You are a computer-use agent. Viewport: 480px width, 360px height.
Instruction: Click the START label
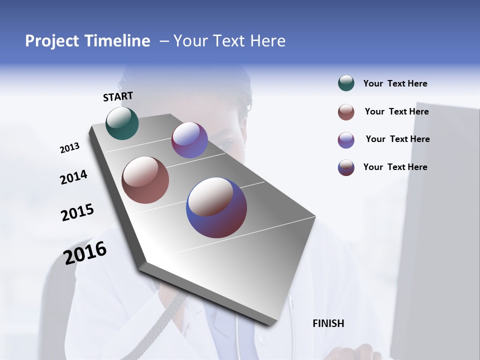[118, 96]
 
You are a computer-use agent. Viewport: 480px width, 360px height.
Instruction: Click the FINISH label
[328, 323]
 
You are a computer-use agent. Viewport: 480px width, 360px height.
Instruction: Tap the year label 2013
[69, 148]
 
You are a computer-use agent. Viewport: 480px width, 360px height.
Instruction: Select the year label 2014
[73, 177]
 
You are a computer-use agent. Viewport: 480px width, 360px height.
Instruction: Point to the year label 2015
[77, 212]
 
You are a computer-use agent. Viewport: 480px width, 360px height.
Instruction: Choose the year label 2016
[85, 252]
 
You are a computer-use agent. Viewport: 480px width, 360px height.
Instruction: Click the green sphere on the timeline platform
[122, 123]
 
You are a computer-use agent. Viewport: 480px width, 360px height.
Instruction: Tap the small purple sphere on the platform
[189, 140]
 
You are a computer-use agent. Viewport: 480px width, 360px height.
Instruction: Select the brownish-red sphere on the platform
[145, 180]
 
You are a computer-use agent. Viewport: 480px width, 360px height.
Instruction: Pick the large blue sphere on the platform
[216, 207]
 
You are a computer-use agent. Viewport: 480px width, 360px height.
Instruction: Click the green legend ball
[346, 83]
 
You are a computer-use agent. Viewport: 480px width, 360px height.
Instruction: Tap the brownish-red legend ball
[346, 112]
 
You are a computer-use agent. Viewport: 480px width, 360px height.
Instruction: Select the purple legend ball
[346, 140]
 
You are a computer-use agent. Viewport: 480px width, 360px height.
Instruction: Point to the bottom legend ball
[346, 167]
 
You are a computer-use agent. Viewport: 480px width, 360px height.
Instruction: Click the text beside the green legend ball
[395, 83]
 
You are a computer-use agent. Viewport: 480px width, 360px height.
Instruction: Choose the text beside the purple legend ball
[397, 139]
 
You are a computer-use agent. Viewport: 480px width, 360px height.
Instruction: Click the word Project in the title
[52, 41]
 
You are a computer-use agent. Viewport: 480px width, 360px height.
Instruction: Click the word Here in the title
[267, 41]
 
